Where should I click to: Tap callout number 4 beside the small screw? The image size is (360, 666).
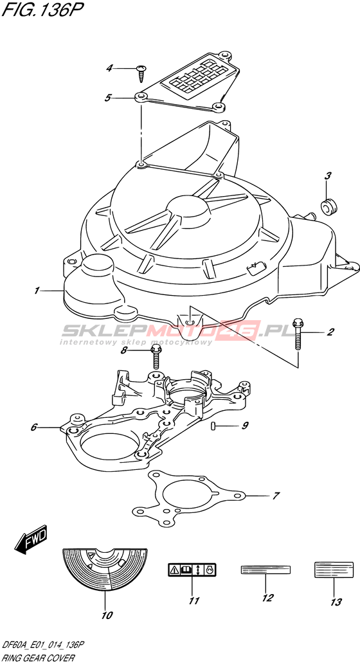click(109, 68)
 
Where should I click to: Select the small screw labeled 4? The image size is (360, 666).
click(141, 73)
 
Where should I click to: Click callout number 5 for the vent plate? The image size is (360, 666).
click(108, 98)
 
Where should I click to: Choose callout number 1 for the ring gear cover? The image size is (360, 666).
click(37, 291)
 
